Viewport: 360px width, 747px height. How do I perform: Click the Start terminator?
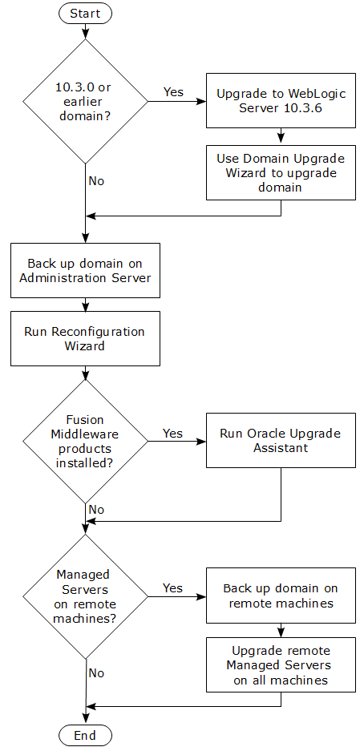(x=85, y=13)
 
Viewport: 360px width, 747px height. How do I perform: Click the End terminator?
(x=85, y=735)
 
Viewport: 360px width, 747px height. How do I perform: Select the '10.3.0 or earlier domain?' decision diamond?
(x=85, y=101)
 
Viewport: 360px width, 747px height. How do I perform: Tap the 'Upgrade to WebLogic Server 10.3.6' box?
(x=281, y=101)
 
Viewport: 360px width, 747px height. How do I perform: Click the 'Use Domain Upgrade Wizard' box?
(x=281, y=172)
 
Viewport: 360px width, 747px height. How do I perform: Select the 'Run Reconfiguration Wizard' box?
(x=85, y=338)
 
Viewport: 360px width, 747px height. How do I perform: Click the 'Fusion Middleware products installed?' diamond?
(x=85, y=441)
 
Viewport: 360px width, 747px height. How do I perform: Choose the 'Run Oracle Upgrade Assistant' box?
(x=281, y=441)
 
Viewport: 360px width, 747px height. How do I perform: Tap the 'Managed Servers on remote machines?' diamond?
(x=85, y=596)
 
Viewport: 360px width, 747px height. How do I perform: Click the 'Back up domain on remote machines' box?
(x=281, y=596)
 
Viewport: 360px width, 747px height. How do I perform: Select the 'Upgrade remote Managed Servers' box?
(x=281, y=664)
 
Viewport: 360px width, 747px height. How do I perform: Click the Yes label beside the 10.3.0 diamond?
(x=173, y=92)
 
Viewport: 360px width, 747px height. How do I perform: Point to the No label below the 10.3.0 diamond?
(x=96, y=181)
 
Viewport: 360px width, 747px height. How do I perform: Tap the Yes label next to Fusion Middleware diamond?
(x=173, y=433)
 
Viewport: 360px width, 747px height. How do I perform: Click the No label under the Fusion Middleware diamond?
(x=96, y=510)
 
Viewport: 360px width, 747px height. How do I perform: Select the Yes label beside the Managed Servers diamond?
(x=173, y=588)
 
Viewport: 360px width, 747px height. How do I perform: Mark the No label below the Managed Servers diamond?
(x=96, y=673)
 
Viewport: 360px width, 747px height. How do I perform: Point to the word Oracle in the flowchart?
(x=265, y=434)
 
